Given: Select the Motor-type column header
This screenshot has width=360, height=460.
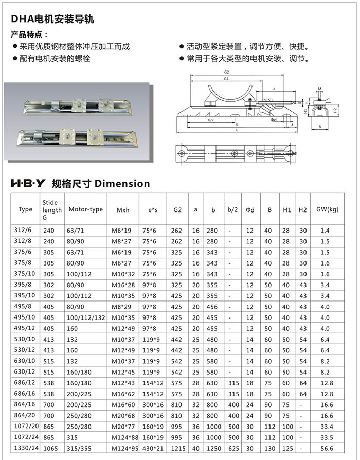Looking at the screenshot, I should point(85,209).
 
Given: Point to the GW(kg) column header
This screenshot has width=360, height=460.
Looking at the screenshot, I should point(327,210).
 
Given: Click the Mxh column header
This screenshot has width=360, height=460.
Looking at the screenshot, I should point(123,210).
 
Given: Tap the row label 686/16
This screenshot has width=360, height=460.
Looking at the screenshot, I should point(25,394).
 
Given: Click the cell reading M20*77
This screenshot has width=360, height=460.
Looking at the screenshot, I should point(122,426).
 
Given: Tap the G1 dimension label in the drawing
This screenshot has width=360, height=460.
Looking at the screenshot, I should point(226,79).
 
